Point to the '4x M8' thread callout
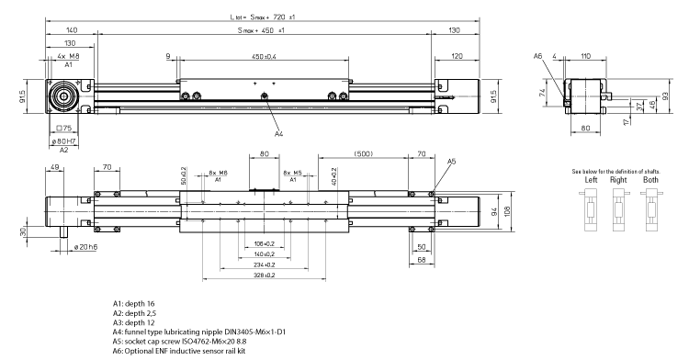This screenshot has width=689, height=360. (68, 58)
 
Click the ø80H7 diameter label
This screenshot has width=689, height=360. (63, 141)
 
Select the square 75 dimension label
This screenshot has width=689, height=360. (64, 129)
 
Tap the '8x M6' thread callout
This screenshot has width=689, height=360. (217, 173)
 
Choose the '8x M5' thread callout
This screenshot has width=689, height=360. (292, 173)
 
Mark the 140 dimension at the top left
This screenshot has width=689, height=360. (71, 31)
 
